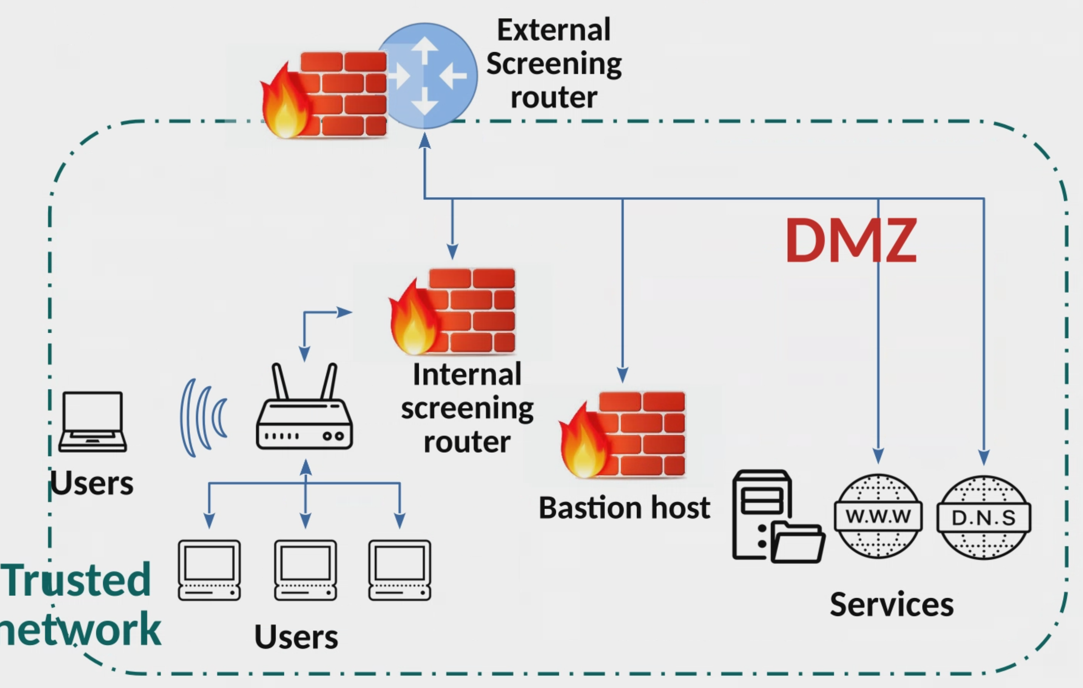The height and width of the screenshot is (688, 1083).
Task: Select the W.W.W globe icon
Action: [878, 516]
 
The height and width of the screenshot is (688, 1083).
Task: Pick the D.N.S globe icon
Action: [984, 517]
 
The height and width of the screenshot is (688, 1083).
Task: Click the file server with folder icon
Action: [777, 516]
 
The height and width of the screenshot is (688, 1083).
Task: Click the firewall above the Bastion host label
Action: [623, 434]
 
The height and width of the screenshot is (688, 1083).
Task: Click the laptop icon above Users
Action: [93, 422]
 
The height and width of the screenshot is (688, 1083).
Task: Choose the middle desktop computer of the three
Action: [305, 570]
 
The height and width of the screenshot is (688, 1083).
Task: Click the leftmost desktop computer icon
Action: [209, 570]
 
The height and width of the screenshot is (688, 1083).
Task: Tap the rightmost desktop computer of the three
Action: [400, 570]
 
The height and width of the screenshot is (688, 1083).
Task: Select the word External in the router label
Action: [554, 30]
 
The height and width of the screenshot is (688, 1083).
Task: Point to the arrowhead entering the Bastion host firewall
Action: [622, 375]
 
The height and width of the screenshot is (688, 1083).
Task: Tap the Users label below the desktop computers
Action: [296, 637]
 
